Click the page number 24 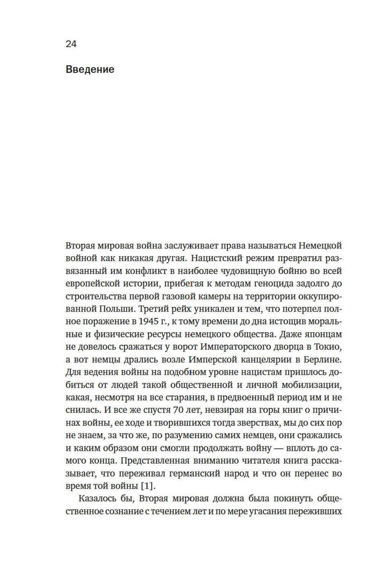tap(71, 44)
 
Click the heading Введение tap(90, 70)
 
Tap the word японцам tap(322, 334)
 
